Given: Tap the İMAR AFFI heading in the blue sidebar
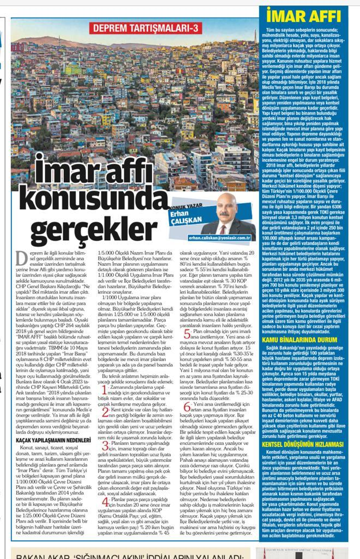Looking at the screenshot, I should click(x=309, y=15).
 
